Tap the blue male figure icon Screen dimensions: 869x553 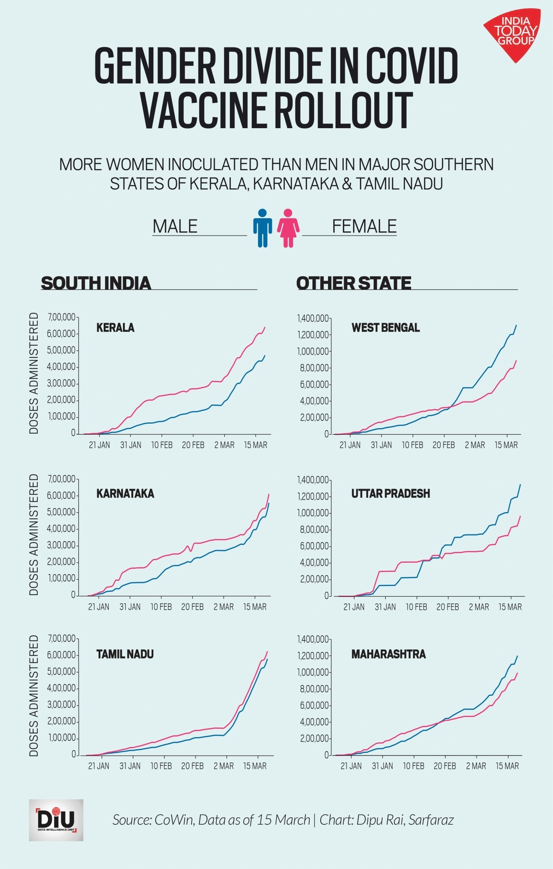tap(262, 228)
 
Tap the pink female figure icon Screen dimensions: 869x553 tap(288, 228)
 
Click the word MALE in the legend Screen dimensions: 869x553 tap(175, 226)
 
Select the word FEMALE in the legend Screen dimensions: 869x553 tap(364, 226)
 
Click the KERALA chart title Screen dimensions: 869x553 tap(115, 328)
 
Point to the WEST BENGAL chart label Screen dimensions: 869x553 tap(385, 328)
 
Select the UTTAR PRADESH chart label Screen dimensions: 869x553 tap(390, 494)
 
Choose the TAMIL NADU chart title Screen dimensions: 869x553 tap(125, 654)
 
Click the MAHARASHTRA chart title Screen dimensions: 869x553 tap(388, 654)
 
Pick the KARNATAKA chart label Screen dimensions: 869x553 tap(125, 494)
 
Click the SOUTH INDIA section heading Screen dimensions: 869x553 tap(96, 283)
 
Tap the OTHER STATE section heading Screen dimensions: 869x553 tap(353, 283)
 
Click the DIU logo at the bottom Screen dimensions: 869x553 tap(56, 820)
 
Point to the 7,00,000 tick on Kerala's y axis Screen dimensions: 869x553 tap(61, 317)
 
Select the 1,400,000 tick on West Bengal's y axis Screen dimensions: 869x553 tap(313, 318)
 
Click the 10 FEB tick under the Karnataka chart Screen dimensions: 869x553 tap(161, 607)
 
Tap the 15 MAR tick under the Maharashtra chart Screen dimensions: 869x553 tap(507, 766)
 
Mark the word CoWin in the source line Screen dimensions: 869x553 tap(174, 820)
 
